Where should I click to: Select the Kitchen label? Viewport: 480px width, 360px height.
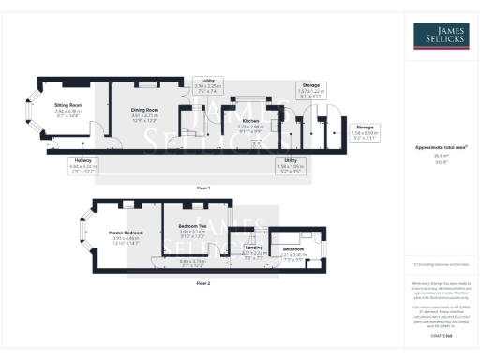click(250, 121)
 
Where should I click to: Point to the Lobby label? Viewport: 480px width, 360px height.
click(208, 81)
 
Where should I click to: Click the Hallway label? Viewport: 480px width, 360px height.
click(84, 160)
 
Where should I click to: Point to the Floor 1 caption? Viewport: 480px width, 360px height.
click(203, 187)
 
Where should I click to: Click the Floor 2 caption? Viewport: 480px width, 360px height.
click(203, 281)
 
